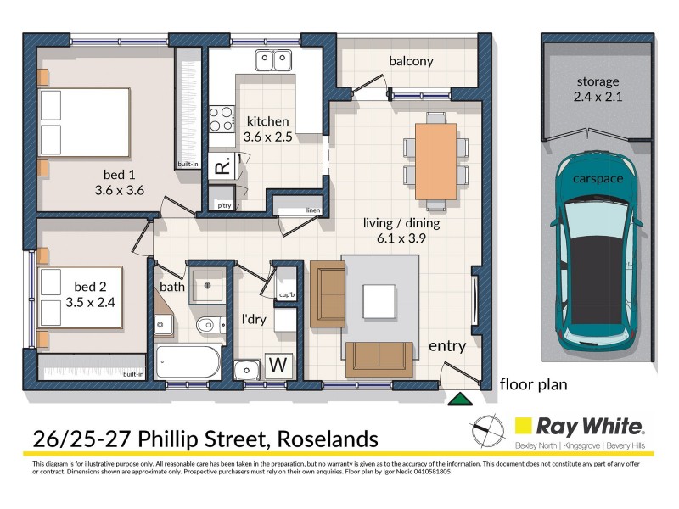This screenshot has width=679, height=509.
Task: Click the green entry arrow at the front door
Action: click(x=460, y=397)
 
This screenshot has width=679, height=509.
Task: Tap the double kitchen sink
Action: click(x=273, y=60)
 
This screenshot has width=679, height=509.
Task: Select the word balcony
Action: click(x=411, y=61)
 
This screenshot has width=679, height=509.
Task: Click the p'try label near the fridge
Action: click(x=224, y=205)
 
